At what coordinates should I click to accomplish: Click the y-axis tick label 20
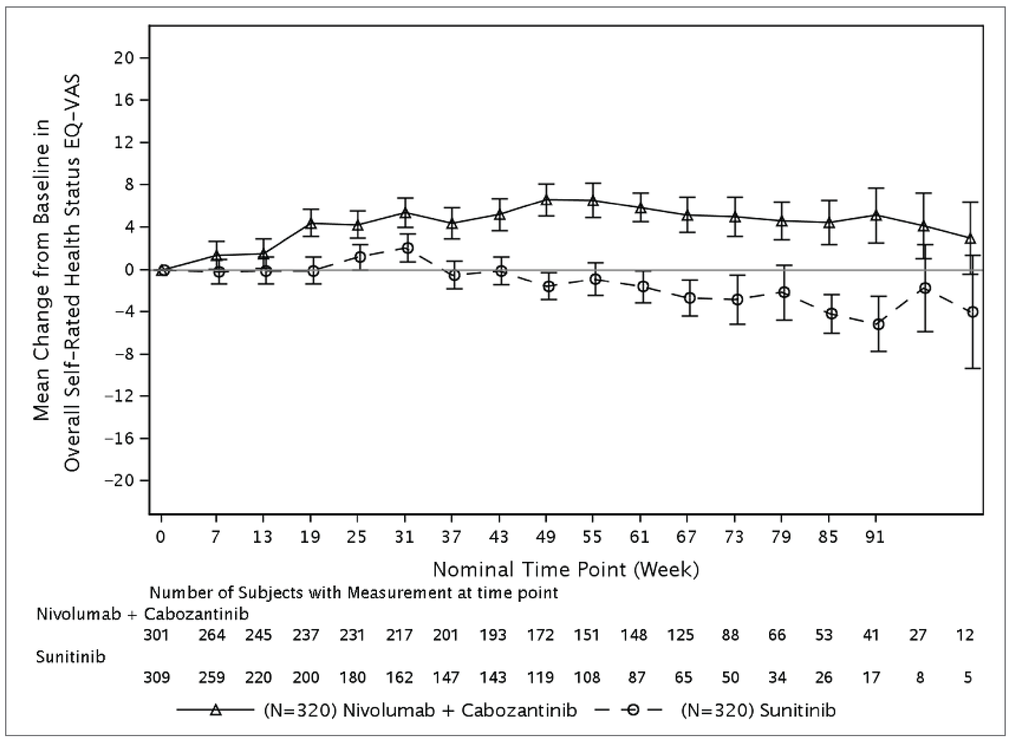125,58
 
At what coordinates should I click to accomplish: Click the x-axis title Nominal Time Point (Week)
566,569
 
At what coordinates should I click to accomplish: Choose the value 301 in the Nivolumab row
156,635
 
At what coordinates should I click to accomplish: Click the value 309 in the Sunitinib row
156,677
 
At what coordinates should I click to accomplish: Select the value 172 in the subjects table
541,635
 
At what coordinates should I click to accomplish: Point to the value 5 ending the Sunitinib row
967,677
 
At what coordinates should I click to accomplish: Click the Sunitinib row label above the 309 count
70,657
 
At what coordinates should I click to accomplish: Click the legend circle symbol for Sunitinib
634,711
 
